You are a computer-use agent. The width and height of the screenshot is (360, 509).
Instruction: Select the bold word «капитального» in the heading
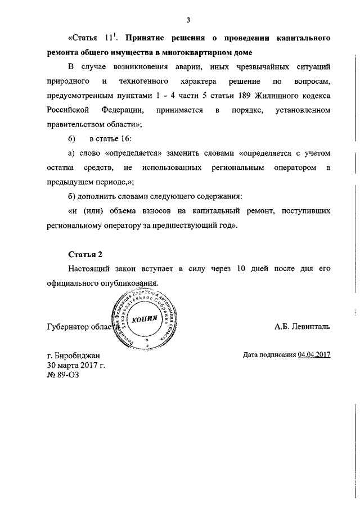click(301, 39)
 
